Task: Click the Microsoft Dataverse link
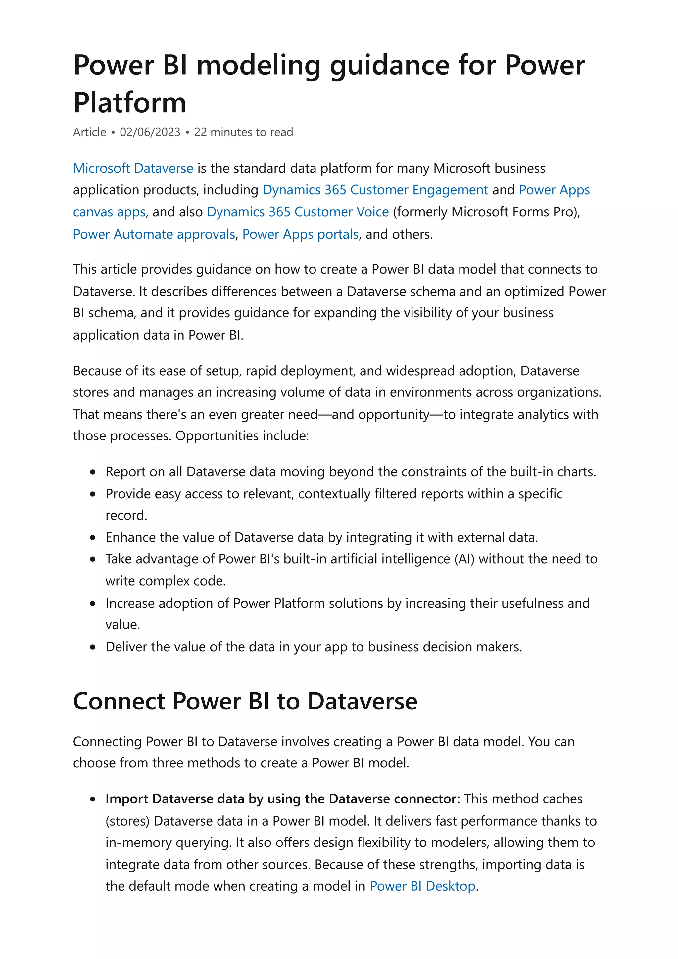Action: [x=133, y=168]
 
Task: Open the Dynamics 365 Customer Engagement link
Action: [x=375, y=190]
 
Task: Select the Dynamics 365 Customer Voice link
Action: [x=298, y=212]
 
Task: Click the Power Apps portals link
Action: [x=300, y=234]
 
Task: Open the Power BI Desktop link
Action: [x=422, y=886]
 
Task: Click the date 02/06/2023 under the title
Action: [x=150, y=132]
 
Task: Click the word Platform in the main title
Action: [x=129, y=102]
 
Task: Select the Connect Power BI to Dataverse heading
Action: [x=245, y=701]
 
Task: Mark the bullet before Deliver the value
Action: [x=93, y=647]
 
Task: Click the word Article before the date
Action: [x=89, y=132]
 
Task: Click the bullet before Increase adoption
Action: [x=93, y=604]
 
